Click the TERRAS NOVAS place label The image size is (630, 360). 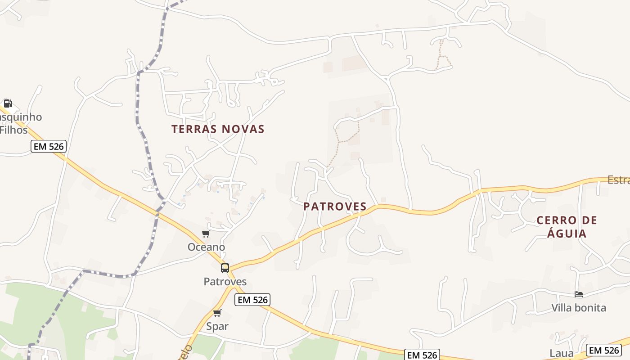tap(218, 129)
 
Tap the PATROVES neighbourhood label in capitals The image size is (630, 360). tap(335, 207)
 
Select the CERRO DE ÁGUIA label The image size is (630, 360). tap(567, 227)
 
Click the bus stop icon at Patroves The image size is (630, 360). tap(225, 268)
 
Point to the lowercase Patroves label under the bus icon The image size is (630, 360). tap(225, 282)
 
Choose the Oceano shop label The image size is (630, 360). tap(206, 247)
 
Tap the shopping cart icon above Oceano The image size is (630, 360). tap(206, 234)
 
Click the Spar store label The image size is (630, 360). tap(217, 326)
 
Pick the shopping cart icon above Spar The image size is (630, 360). tap(217, 313)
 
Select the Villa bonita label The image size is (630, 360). tap(579, 308)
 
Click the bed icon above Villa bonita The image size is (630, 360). tap(579, 294)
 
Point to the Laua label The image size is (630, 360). tap(562, 353)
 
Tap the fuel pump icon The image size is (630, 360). tap(8, 103)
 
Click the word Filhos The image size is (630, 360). tap(13, 130)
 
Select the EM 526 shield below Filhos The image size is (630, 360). tap(49, 146)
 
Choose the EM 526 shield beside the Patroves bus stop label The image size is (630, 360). tap(252, 300)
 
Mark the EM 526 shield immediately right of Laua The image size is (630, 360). tap(604, 350)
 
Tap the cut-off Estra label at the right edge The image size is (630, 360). tap(618, 180)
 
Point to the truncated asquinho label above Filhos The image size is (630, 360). tap(21, 117)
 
